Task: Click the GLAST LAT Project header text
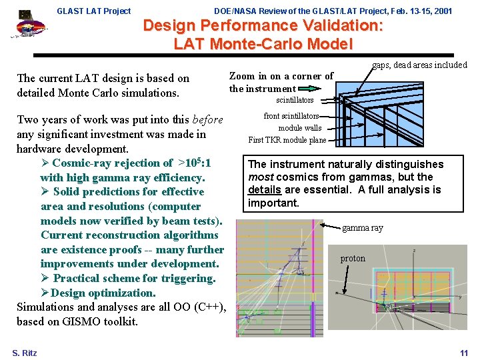94,11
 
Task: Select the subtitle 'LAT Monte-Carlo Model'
263,45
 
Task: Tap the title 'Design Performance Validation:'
263,26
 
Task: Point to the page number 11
464,353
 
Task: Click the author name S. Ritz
25,353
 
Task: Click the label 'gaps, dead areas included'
419,65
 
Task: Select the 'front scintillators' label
291,116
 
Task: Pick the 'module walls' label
299,128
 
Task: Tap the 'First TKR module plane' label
287,140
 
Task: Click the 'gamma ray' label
362,228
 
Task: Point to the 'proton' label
353,259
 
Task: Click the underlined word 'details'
264,190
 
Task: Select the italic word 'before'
207,120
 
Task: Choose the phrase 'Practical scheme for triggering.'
134,278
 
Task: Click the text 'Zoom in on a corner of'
281,76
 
